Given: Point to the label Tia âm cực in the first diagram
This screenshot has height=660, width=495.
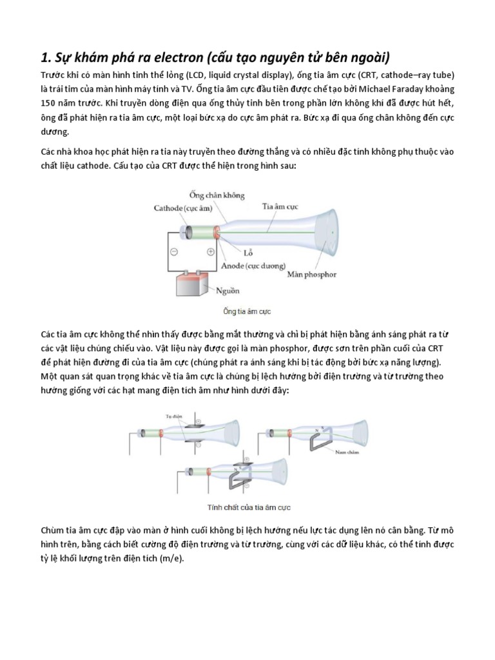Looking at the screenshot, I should [x=279, y=207].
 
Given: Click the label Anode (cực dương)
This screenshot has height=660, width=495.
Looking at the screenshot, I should [x=248, y=265].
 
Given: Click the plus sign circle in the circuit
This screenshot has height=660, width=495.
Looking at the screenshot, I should [x=210, y=253].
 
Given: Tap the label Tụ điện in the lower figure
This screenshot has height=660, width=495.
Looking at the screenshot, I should [x=173, y=416].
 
